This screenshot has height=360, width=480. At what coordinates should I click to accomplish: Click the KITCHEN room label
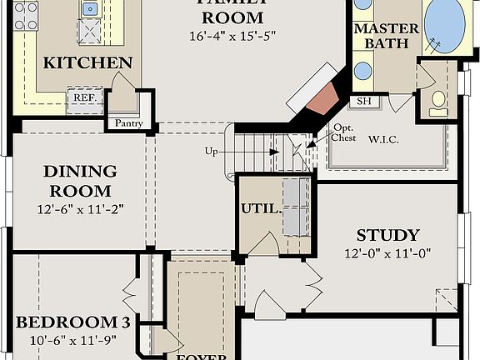click(x=87, y=62)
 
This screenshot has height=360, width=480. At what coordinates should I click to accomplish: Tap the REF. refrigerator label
click(x=83, y=97)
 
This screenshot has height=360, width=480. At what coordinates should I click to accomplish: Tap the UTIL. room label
click(x=259, y=208)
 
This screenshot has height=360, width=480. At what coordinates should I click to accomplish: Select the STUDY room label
click(x=387, y=235)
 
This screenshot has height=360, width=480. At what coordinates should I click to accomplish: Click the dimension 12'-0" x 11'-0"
click(x=387, y=253)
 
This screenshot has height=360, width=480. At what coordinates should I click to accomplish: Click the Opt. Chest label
click(x=344, y=133)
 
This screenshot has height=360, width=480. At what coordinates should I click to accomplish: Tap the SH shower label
click(x=364, y=102)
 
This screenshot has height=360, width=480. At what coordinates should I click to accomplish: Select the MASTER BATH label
click(x=387, y=36)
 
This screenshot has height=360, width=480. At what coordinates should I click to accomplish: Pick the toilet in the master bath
click(x=438, y=100)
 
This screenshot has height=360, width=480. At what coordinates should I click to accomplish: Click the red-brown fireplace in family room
click(x=320, y=98)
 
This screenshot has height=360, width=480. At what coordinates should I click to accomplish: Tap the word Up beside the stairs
click(x=212, y=152)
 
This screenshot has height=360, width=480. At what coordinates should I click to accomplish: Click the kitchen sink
click(x=89, y=9)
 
